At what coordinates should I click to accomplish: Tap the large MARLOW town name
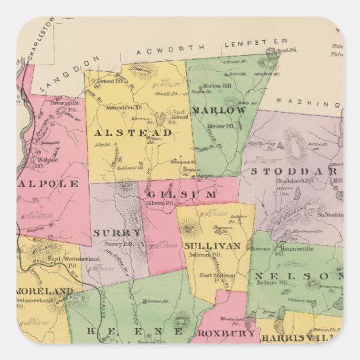tap(218, 110)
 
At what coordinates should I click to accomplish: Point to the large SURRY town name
tap(117, 232)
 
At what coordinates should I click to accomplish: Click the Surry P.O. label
tap(115, 243)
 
